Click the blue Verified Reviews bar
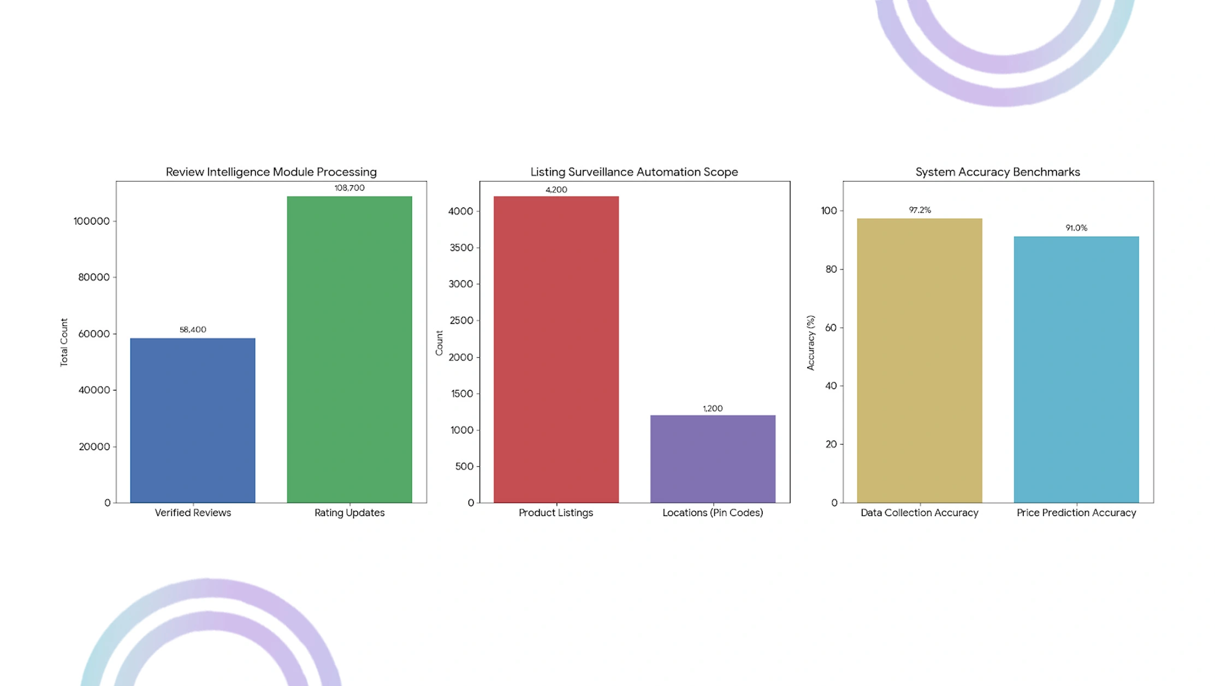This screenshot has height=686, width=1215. point(192,420)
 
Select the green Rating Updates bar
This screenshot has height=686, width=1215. point(349,349)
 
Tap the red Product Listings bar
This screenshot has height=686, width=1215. point(556,349)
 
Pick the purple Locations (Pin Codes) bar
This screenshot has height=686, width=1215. point(713,459)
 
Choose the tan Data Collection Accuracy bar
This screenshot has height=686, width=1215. point(920,360)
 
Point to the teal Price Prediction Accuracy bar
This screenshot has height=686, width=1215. point(1076,369)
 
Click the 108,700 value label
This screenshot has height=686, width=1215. point(349,188)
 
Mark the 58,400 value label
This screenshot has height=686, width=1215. point(193,330)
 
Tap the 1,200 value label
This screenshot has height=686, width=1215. point(713,408)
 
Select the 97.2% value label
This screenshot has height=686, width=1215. point(920,210)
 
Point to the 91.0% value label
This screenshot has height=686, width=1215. point(1076,228)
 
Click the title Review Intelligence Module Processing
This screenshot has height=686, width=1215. point(271,172)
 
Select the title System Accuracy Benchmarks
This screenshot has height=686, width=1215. point(998,172)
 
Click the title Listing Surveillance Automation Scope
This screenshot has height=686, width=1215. point(634,172)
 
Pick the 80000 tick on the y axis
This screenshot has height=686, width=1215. point(94,277)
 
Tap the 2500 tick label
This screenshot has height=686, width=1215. point(461,320)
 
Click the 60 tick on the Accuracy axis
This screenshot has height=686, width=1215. point(831,327)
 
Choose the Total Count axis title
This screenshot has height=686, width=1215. point(64,342)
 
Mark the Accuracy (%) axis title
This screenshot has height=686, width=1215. point(810,343)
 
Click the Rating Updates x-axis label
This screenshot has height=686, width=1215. point(349,512)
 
